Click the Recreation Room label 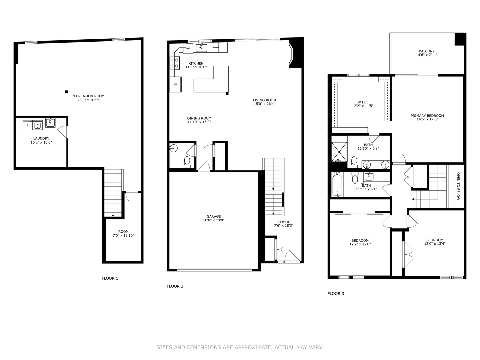pyautogui.click(x=88, y=96)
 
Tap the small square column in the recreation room pyautogui.click(x=67, y=92)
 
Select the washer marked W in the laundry pyautogui.click(x=37, y=125)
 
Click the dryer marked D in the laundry pyautogui.click(x=27, y=125)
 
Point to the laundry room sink pyautogui.click(x=51, y=123)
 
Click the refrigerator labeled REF pyautogui.click(x=175, y=84)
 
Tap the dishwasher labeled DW pyautogui.click(x=188, y=48)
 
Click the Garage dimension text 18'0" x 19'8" pyautogui.click(x=214, y=220)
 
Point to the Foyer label pyautogui.click(x=284, y=222)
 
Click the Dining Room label pyautogui.click(x=199, y=118)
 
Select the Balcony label pyautogui.click(x=427, y=51)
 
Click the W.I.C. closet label pyautogui.click(x=362, y=102)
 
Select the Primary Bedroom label pyautogui.click(x=427, y=116)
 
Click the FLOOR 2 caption pyautogui.click(x=175, y=286)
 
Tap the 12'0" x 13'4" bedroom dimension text pyautogui.click(x=435, y=244)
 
